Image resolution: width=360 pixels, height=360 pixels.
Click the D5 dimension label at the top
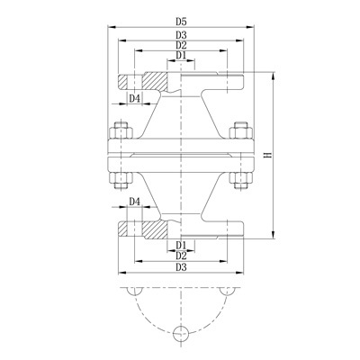coord(181,21)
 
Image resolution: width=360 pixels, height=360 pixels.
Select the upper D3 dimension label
coord(181,34)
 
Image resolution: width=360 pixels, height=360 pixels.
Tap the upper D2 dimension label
coord(181,45)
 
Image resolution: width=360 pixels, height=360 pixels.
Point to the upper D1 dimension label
coord(181,56)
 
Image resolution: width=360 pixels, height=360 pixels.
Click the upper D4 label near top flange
coord(134,98)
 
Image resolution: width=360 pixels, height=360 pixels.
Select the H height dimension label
coord(267,156)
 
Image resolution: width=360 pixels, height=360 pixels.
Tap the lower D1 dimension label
coord(181,245)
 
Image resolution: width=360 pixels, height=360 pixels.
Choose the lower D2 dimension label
coord(181,256)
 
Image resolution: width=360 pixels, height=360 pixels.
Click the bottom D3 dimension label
coord(181,268)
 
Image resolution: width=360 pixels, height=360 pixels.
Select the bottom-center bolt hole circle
coord(181,333)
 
